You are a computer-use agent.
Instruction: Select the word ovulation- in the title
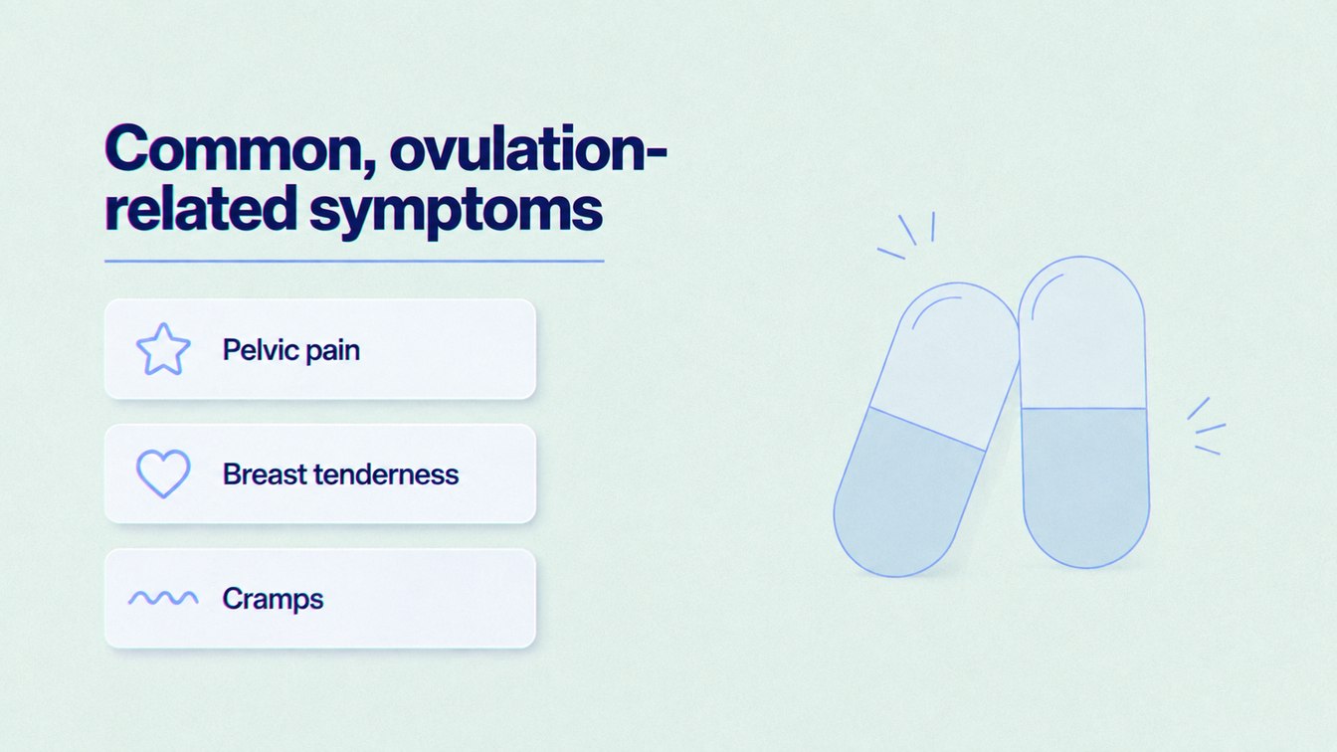528,148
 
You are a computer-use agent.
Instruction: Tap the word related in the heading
201,209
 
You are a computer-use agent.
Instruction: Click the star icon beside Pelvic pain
163,349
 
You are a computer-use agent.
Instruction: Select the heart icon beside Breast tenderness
163,473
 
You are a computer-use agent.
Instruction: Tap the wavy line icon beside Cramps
163,598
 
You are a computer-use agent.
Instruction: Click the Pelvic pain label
291,350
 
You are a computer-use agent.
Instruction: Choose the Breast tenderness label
341,474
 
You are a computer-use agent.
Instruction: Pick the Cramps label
273,599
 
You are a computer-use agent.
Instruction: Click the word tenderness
386,474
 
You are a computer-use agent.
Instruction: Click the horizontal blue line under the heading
354,261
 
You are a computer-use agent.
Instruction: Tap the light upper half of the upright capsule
1082,334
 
